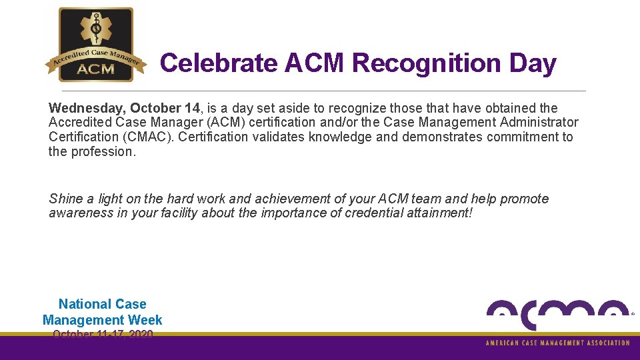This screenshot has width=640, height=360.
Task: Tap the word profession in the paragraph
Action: pos(103,152)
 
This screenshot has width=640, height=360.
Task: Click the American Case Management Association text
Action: pos(557,343)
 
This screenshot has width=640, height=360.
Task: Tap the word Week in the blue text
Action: pos(145,320)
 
